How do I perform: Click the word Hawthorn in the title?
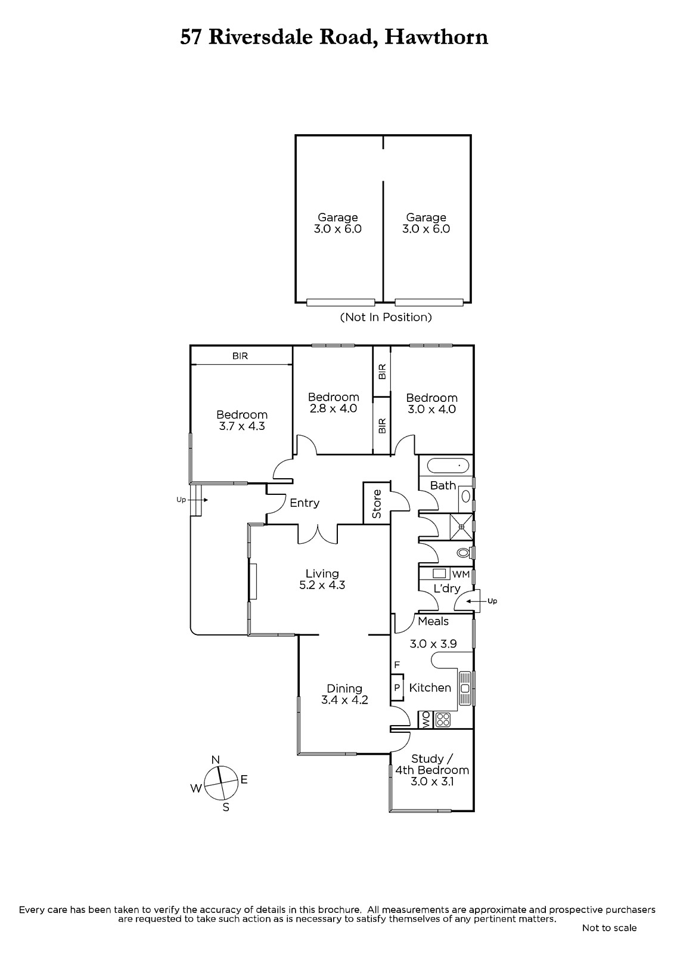[x=436, y=38]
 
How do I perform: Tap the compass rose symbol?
[x=221, y=783]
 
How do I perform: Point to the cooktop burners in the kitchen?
[x=443, y=719]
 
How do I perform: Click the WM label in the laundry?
[x=461, y=574]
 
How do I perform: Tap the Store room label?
[x=377, y=504]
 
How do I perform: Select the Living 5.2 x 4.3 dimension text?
[x=322, y=579]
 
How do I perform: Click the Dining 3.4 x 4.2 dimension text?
[x=344, y=694]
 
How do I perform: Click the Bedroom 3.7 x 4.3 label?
[x=242, y=420]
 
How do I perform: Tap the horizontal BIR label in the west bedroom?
[x=240, y=356]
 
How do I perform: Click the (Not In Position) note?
[x=386, y=317]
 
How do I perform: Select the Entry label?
[x=305, y=503]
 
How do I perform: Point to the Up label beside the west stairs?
[x=181, y=500]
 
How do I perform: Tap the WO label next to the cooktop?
[x=425, y=720]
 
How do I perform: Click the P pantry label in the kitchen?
[x=397, y=687]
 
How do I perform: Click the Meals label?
[x=433, y=621]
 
